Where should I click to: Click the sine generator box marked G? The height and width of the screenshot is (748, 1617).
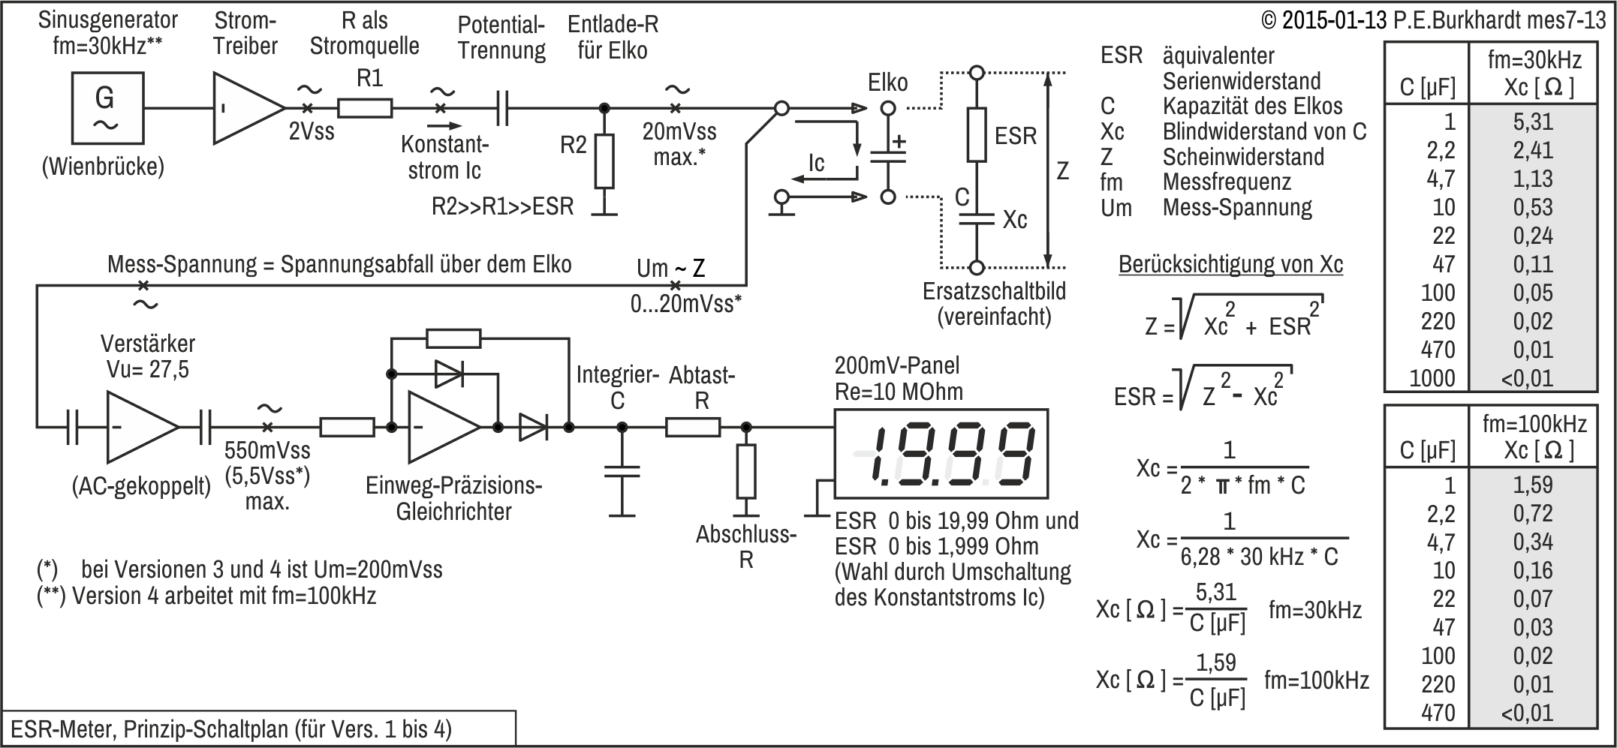click(x=108, y=108)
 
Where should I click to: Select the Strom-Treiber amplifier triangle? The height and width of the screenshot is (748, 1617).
click(x=248, y=108)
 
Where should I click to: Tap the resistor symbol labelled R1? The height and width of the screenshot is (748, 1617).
click(x=365, y=109)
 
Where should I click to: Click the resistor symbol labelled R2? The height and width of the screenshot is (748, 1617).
click(x=604, y=161)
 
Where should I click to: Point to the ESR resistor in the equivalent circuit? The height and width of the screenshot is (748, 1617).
click(x=976, y=135)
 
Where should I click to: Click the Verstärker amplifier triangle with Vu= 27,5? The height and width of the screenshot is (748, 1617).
click(x=143, y=428)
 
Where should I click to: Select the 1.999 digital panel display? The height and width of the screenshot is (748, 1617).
click(x=941, y=455)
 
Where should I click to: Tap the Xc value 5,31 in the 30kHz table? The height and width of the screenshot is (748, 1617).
click(x=1533, y=122)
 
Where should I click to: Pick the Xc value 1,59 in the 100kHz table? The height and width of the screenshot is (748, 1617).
click(x=1533, y=485)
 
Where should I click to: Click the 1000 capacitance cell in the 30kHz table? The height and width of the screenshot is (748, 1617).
click(x=1432, y=378)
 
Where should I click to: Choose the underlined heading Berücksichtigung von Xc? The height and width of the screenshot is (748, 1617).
click(x=1231, y=264)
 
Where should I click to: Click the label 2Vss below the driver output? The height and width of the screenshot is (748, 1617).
click(x=312, y=132)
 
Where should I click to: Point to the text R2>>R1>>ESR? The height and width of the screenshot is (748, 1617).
click(x=502, y=206)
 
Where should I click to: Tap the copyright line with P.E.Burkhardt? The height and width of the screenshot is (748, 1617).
click(x=1435, y=20)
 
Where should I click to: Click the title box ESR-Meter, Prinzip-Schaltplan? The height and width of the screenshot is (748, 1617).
click(x=259, y=728)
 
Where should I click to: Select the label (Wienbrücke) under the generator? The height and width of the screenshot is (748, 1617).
click(x=103, y=167)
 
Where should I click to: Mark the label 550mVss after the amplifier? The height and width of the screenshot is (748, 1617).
click(x=267, y=450)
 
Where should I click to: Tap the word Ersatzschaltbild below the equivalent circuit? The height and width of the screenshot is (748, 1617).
click(x=994, y=291)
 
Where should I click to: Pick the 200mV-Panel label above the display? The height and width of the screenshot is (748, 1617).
click(x=897, y=366)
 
